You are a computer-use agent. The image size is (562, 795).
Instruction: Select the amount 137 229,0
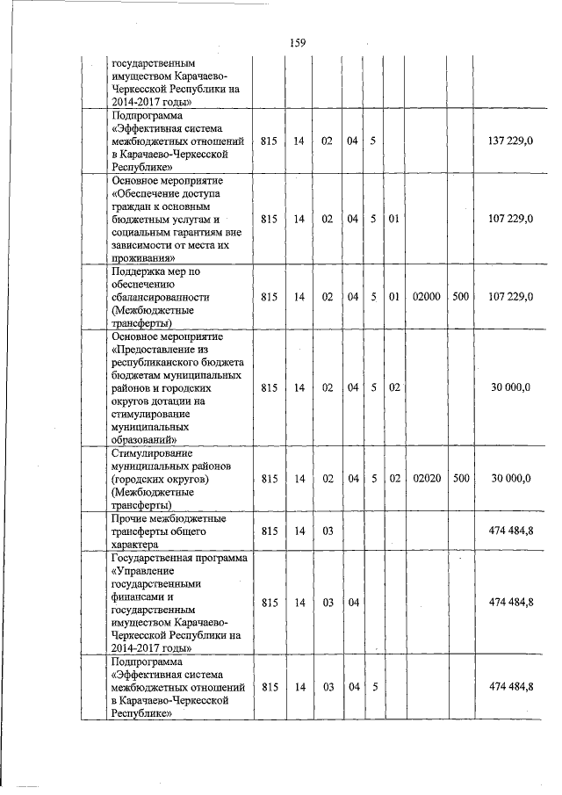pos(510,141)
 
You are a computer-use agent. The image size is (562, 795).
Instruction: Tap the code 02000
pos(426,297)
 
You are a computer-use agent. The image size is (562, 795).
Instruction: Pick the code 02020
pos(426,479)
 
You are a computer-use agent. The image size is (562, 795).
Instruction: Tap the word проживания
pos(143,258)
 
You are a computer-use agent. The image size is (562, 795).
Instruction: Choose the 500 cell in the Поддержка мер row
pos(460,297)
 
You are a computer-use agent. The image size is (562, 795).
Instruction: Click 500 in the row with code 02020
pos(460,479)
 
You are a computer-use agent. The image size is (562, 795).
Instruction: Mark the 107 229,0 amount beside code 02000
pos(510,297)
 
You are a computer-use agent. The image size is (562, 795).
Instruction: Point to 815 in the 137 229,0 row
pos(270,141)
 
